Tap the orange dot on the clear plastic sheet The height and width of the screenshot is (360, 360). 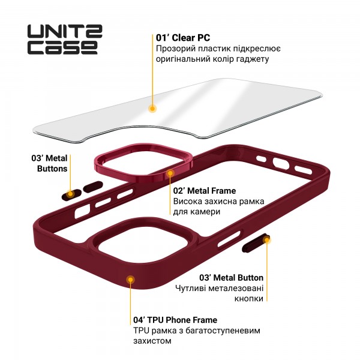click(152, 109)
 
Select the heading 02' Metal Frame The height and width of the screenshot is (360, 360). click(204, 191)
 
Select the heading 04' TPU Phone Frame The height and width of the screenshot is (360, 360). click(175, 320)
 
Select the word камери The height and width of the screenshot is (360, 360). click(205, 212)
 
